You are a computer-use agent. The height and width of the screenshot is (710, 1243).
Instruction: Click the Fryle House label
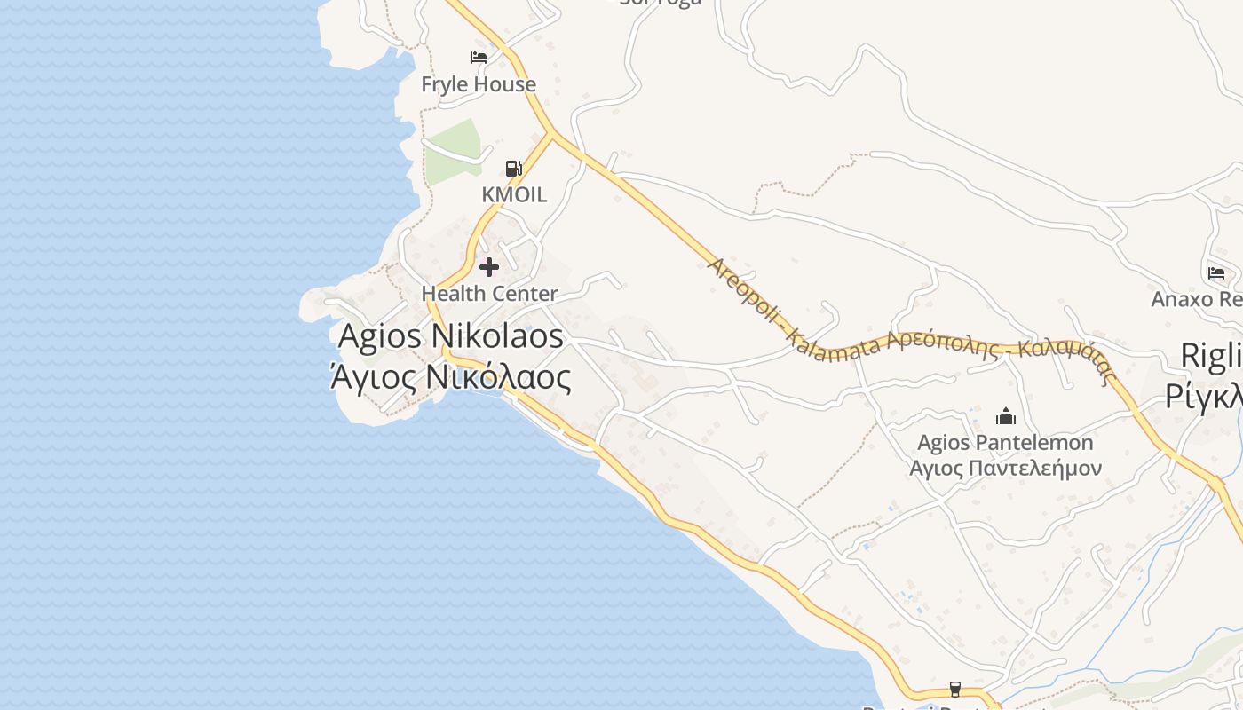tap(478, 84)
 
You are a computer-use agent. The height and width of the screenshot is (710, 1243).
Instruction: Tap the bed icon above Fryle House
tap(479, 58)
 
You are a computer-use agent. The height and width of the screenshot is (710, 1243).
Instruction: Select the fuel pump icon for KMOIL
tap(513, 168)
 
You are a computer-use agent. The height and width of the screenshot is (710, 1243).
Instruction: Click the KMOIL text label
tap(514, 194)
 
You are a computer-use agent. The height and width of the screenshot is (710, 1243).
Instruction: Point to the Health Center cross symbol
tap(489, 266)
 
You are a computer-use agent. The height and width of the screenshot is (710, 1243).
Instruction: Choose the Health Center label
tap(489, 293)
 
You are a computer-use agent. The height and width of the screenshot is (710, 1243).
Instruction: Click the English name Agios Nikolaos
tap(451, 336)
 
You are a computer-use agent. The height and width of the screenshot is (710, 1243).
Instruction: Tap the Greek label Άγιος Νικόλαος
tap(451, 377)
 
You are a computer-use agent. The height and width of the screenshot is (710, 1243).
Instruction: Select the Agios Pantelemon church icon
tap(1006, 415)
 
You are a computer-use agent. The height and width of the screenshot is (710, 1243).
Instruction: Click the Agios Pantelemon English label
tap(1005, 442)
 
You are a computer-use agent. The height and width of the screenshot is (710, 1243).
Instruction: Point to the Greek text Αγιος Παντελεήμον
tap(1005, 468)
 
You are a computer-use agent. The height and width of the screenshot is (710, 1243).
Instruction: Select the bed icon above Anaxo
tap(1216, 272)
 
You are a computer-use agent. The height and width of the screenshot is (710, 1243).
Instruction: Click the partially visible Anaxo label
tap(1196, 299)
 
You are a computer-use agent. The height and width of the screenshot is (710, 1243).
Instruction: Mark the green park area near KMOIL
tap(454, 151)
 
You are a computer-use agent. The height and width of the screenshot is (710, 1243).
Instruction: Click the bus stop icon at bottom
tap(955, 689)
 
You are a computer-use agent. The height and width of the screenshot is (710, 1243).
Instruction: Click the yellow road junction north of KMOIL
tap(551, 134)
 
